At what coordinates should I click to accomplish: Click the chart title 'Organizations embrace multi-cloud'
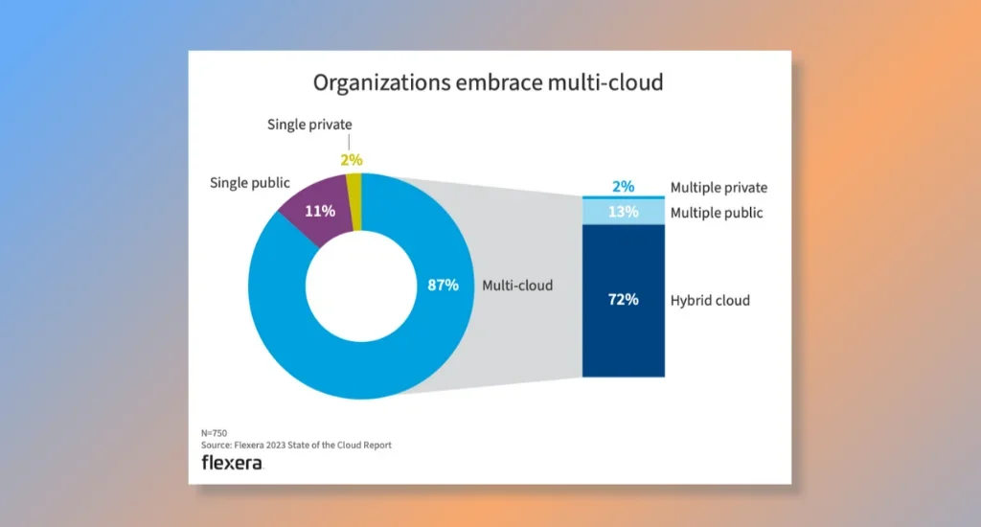click(489, 82)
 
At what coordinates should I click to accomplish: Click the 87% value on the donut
click(444, 286)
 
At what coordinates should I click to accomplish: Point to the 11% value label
click(320, 211)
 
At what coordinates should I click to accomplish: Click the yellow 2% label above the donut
click(351, 161)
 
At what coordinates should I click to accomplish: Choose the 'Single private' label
click(309, 125)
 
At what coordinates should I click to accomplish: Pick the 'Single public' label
click(250, 182)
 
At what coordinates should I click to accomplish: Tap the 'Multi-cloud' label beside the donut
click(517, 286)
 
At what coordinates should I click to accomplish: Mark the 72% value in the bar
click(623, 300)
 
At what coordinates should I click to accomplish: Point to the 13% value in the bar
click(624, 212)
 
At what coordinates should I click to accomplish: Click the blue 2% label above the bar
click(623, 187)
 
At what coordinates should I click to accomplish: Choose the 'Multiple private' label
click(719, 188)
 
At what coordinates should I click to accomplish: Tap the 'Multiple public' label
click(717, 213)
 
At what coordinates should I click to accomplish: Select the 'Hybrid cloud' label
click(710, 301)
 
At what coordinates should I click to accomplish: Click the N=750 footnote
click(215, 433)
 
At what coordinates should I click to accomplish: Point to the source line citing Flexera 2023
click(296, 446)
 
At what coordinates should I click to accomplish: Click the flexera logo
click(231, 463)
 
